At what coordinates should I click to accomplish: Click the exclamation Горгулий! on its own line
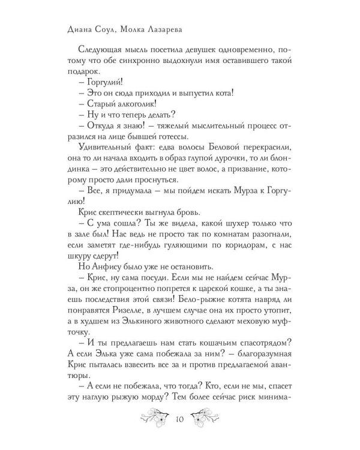[x=110, y=82]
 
